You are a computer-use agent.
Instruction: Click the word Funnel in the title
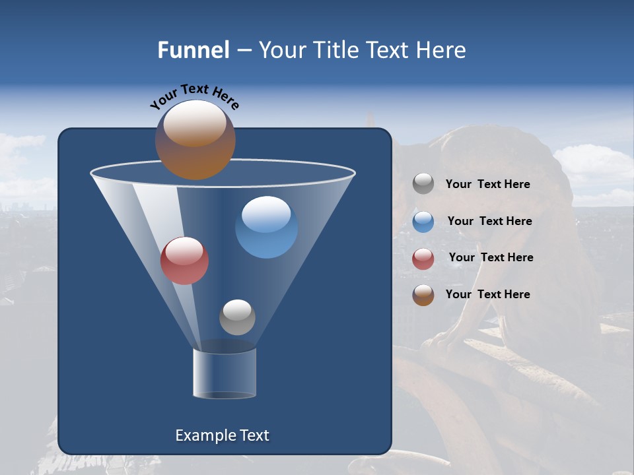pos(193,50)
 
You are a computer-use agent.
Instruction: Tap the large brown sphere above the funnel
pos(195,140)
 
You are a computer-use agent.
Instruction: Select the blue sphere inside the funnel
pos(266,228)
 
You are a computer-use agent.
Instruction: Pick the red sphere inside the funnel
pos(184,261)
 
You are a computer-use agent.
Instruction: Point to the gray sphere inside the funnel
pos(237,317)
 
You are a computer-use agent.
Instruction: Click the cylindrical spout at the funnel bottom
pos(225,374)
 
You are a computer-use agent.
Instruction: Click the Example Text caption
pos(222,435)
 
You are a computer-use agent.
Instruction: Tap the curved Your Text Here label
pos(194,96)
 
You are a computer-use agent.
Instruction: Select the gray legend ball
pos(423,184)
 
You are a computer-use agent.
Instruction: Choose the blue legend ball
pos(423,222)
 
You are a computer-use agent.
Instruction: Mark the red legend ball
pos(423,259)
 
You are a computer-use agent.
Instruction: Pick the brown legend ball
pos(423,295)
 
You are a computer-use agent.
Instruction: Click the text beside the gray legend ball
pos(487,185)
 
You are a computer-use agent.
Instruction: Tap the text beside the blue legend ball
pos(489,222)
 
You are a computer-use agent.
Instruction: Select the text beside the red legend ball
pos(491,258)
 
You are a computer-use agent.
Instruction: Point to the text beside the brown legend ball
pos(487,294)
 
